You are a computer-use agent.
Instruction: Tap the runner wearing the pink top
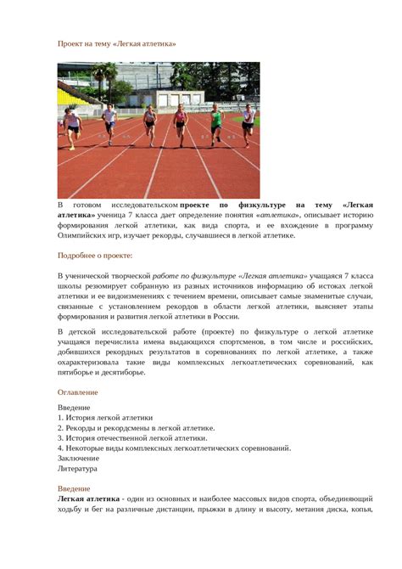click(180, 121)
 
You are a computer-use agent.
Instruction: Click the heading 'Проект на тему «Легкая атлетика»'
click(117, 42)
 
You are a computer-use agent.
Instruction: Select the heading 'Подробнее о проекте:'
click(95, 255)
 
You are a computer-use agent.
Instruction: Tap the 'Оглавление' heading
click(77, 392)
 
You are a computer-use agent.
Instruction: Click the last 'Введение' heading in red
click(74, 488)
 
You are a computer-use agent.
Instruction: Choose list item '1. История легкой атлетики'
click(105, 418)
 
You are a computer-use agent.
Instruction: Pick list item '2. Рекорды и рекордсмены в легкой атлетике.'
click(137, 428)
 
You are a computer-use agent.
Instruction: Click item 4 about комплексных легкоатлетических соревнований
click(175, 448)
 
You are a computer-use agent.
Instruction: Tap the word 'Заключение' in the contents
click(79, 458)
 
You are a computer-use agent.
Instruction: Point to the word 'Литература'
click(77, 468)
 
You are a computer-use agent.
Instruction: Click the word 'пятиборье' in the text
click(79, 372)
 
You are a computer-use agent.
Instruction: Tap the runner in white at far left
click(73, 126)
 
